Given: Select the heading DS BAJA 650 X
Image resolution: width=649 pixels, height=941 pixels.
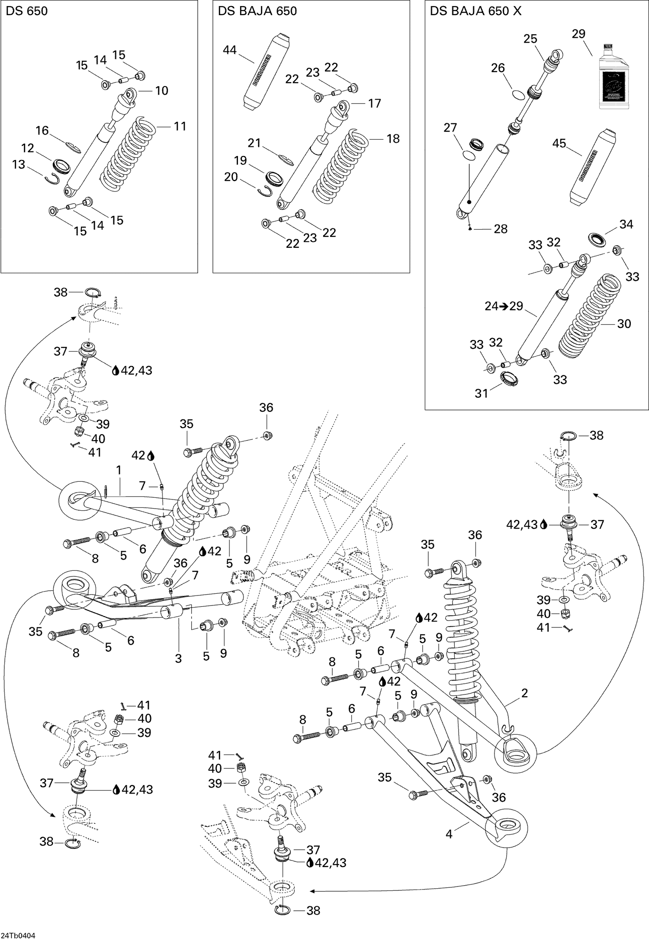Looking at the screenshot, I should click(x=476, y=11).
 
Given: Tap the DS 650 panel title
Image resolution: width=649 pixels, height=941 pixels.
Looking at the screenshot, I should click(x=27, y=11).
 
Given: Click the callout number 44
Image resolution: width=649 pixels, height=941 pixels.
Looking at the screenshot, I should click(x=230, y=50).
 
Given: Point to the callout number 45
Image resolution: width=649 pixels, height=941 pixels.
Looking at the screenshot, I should click(x=559, y=143).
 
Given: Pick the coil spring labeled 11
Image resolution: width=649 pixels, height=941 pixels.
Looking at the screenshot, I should click(x=128, y=154).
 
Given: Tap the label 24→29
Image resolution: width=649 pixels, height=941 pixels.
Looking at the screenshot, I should click(x=504, y=306).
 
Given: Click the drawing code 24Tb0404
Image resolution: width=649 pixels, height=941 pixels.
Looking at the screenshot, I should click(x=19, y=935).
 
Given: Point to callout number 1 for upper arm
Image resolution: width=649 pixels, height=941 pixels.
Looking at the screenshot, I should click(x=119, y=470).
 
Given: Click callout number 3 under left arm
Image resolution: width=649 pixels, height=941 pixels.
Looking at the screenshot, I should click(x=178, y=658).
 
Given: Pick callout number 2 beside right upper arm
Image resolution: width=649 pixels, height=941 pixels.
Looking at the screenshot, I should click(x=525, y=694).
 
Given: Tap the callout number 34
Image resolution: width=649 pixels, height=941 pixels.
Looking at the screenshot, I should click(x=626, y=224).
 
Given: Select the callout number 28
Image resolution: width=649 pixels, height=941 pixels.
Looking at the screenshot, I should click(x=501, y=229).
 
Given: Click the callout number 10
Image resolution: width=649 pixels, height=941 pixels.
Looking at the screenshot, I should click(x=161, y=90).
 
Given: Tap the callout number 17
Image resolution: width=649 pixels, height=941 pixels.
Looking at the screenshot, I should click(x=374, y=103).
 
